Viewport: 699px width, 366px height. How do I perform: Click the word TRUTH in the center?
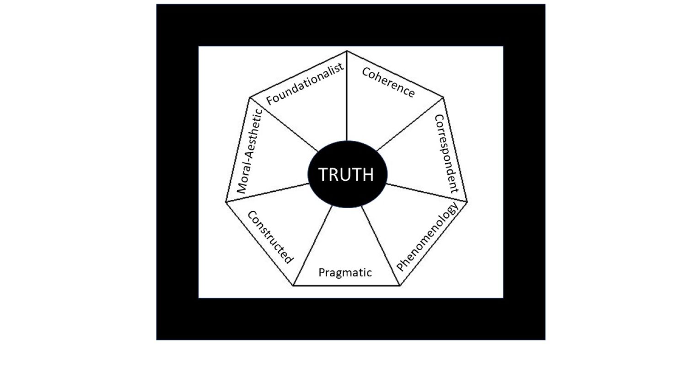pos(346,175)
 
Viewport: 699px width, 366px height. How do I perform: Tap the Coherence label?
pos(388,82)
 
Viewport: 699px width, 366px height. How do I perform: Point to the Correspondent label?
pos(446,153)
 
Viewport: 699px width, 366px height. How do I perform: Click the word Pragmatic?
pos(345,273)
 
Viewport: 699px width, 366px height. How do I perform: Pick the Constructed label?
pos(269,237)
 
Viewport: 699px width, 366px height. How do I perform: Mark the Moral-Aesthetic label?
pos(248,151)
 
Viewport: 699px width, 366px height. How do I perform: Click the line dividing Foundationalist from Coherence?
pos(347,96)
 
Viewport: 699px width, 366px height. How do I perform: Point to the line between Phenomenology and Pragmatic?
pos(381,246)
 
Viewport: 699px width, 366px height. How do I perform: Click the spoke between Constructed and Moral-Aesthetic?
pos(268,193)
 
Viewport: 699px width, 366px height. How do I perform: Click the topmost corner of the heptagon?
pos(347,51)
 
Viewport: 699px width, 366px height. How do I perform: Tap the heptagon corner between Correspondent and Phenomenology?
pos(468,202)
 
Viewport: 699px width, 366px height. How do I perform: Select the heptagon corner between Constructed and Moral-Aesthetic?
pos(226,202)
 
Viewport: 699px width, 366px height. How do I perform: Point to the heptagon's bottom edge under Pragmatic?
pos(346,285)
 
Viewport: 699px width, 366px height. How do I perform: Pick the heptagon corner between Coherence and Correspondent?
pos(443,97)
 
